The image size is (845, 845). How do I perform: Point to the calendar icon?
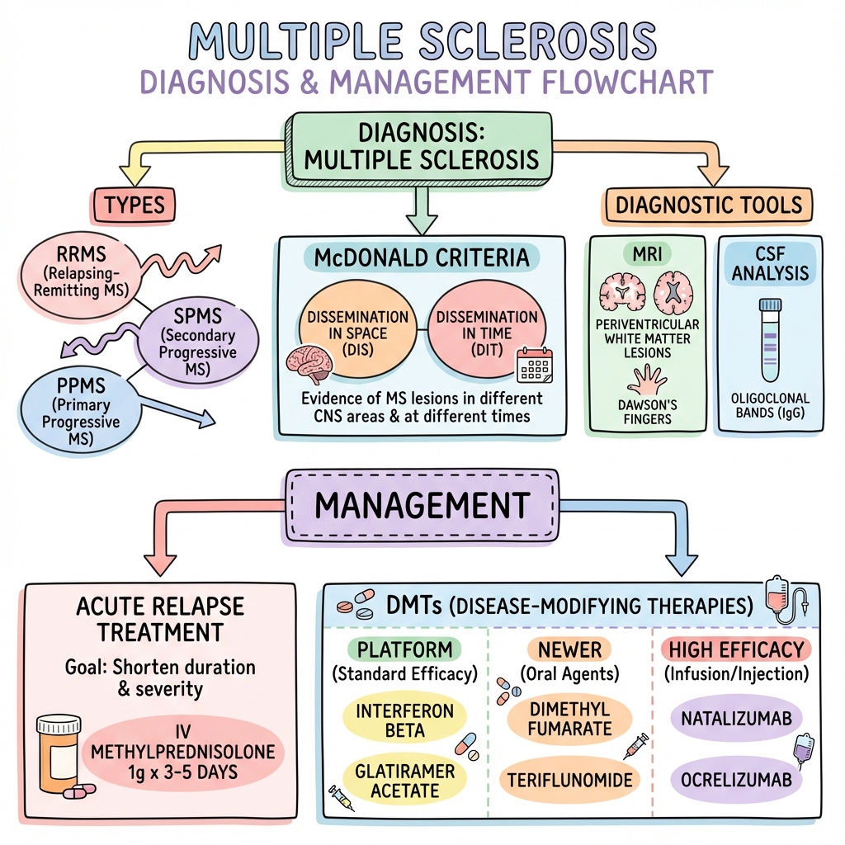532,364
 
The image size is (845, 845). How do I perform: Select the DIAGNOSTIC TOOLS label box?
709,205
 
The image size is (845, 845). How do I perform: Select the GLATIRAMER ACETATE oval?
404,779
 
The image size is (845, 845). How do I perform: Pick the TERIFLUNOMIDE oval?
570,780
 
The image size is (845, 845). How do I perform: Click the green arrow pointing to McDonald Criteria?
422,210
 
